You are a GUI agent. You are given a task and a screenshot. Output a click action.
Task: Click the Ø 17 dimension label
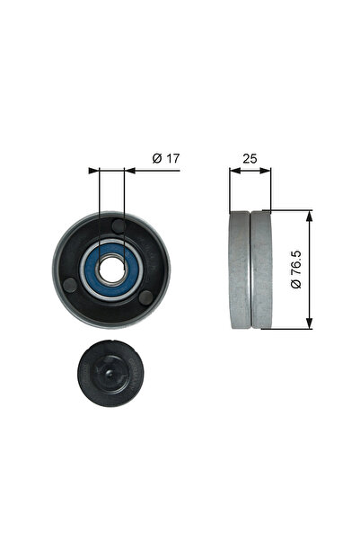pyautogui.click(x=167, y=158)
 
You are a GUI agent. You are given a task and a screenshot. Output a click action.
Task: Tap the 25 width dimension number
pyautogui.click(x=250, y=158)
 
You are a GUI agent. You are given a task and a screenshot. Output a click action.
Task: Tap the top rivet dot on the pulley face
pyautogui.click(x=119, y=225)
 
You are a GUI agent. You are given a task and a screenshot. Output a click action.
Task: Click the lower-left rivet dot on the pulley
pyautogui.click(x=71, y=286)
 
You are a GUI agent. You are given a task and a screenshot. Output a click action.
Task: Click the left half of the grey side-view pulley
pyautogui.click(x=240, y=270)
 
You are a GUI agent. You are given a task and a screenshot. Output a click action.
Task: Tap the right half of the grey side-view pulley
pyautogui.click(x=261, y=270)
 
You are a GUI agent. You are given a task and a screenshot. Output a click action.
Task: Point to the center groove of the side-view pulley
pyautogui.click(x=250, y=270)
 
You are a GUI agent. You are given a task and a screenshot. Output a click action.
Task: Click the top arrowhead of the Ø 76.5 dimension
pyautogui.click(x=309, y=215)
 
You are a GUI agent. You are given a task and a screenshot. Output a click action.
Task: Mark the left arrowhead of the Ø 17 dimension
pyautogui.click(x=93, y=168)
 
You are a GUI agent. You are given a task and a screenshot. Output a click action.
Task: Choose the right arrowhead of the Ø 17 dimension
pyautogui.click(x=127, y=168)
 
